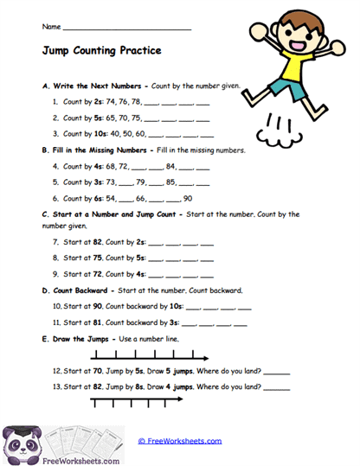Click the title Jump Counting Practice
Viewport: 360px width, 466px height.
point(101,51)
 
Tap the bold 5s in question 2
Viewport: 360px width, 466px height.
point(98,118)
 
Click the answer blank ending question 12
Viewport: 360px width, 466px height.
point(276,371)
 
